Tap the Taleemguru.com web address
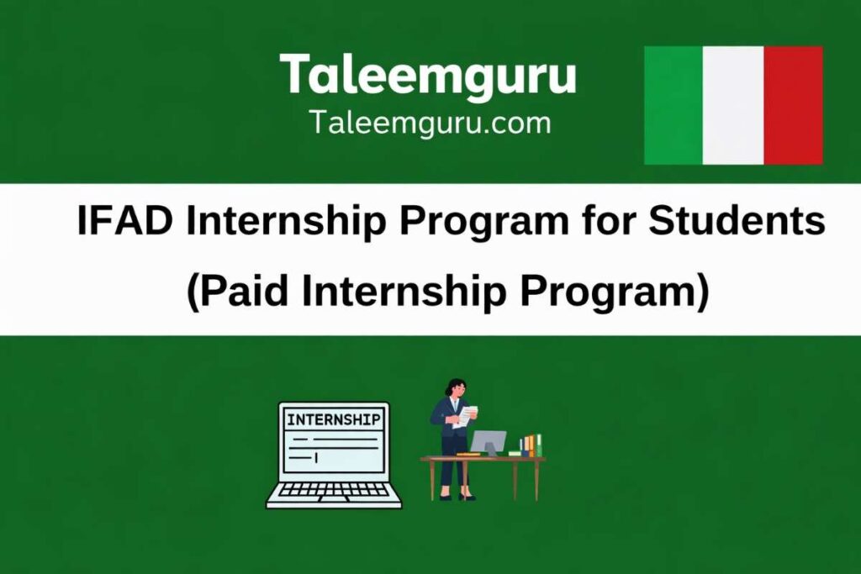(430, 124)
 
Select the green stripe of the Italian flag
(673, 105)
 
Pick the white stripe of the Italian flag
(732, 105)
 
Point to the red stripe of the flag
(793, 105)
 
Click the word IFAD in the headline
(125, 222)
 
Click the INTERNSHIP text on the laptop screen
(333, 419)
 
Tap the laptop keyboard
(334, 490)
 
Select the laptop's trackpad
(334, 502)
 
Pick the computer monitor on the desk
(489, 441)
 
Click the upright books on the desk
(531, 445)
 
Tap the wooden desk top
(483, 459)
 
